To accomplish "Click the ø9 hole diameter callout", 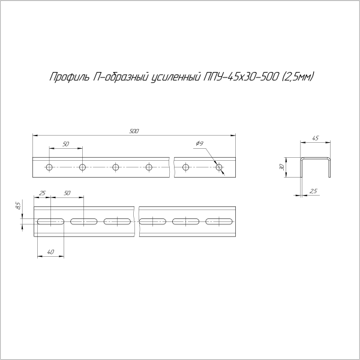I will point(200,143).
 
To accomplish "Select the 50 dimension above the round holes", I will point(66,145).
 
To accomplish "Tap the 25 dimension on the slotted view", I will point(43,193).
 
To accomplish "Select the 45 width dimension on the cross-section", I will point(315,139).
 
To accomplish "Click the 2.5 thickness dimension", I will point(313,191).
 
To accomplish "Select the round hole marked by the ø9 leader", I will point(218,166).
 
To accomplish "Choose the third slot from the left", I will point(116,222).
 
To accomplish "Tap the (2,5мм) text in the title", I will point(297,76).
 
